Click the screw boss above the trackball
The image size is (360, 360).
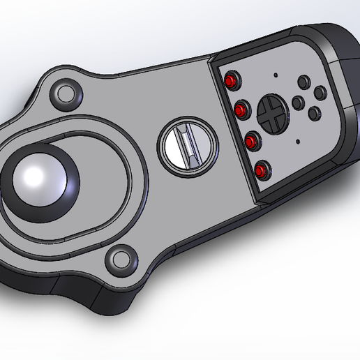pyautogui.click(x=67, y=92)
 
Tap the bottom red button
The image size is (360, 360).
pyautogui.click(x=261, y=170)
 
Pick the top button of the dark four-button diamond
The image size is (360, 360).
pyautogui.click(x=303, y=82)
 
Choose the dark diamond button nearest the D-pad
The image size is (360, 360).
pyautogui.click(x=297, y=103)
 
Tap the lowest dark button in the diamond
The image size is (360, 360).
pyautogui.click(x=313, y=112)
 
